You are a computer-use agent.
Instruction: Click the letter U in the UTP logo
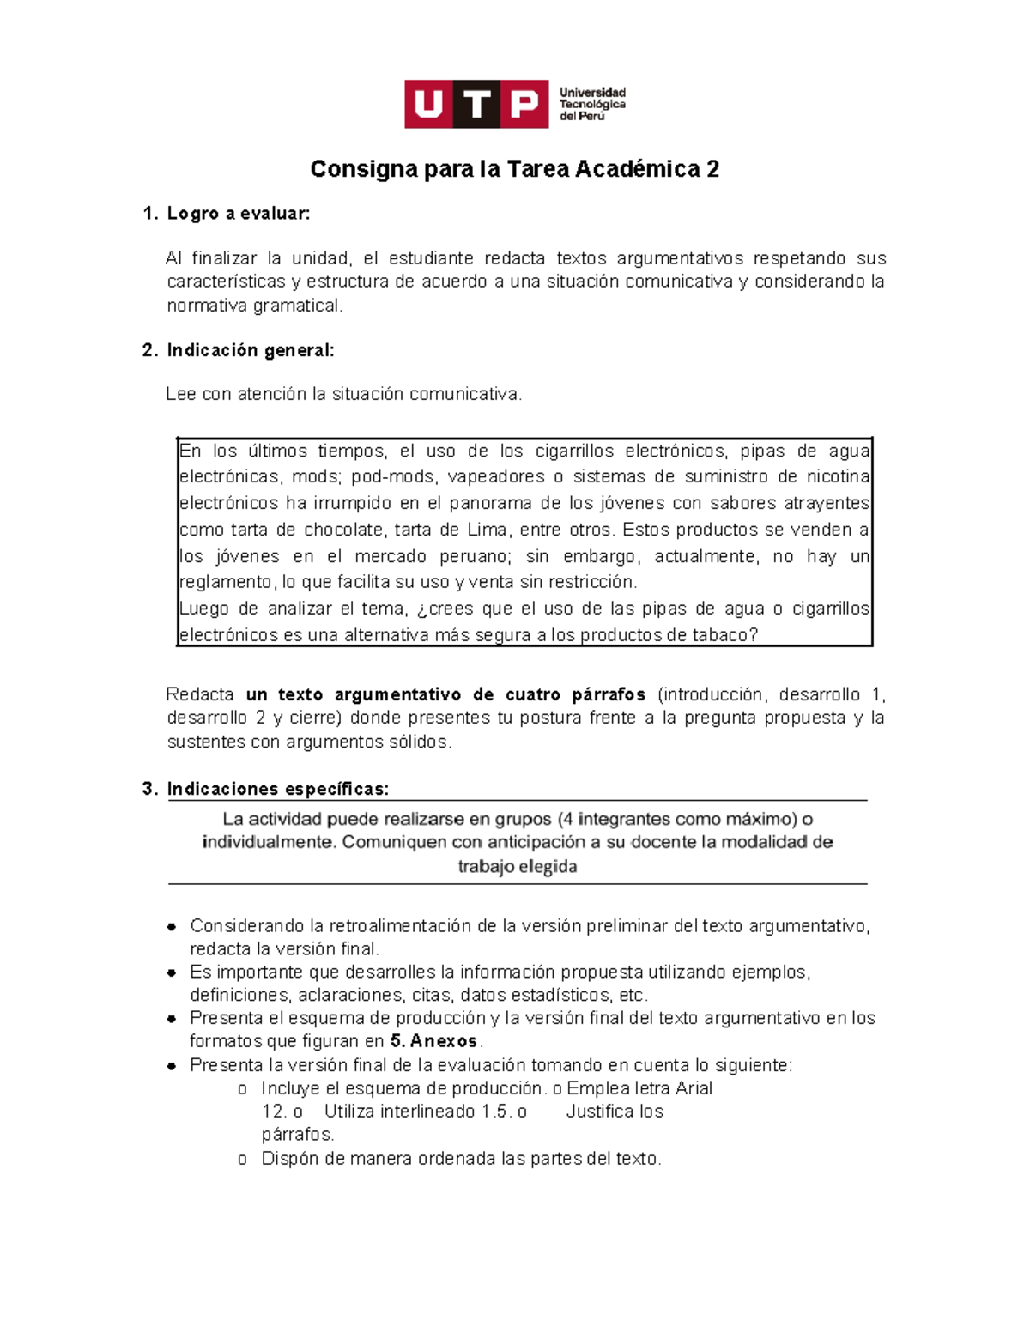[428, 105]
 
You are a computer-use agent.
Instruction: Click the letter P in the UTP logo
[524, 105]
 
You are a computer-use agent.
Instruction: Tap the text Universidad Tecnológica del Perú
[592, 104]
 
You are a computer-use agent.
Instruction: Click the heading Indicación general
[250, 350]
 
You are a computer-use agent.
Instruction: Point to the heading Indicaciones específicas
[277, 789]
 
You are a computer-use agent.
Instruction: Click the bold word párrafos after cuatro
[609, 694]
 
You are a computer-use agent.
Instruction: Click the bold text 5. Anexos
[433, 1041]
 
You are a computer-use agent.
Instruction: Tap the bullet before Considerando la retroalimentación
[172, 926]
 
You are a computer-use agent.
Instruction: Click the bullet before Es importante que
[172, 972]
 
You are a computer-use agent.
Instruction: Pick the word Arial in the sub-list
[694, 1088]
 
